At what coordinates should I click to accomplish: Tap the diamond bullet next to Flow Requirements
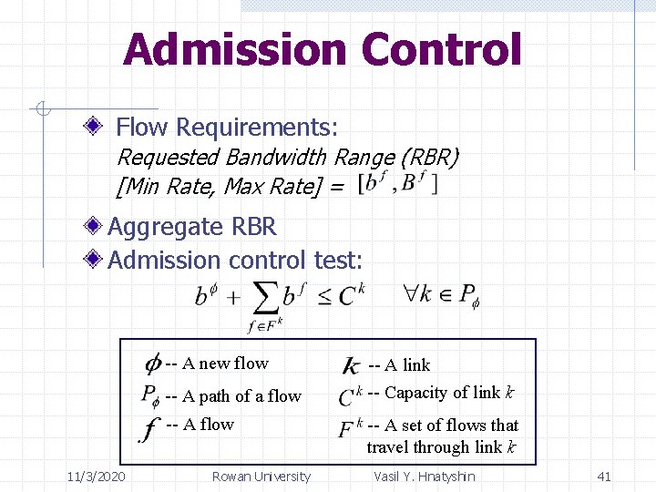pyautogui.click(x=99, y=128)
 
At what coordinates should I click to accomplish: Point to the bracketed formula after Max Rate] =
pyautogui.click(x=398, y=184)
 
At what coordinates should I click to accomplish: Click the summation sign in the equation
pyautogui.click(x=264, y=297)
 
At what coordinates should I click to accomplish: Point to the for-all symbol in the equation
pyautogui.click(x=411, y=294)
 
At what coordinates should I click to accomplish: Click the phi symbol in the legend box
pyautogui.click(x=153, y=364)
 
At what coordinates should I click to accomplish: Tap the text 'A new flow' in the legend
pyautogui.click(x=225, y=364)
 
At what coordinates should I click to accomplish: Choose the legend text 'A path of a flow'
pyautogui.click(x=241, y=395)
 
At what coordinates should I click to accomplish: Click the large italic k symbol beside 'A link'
pyautogui.click(x=351, y=366)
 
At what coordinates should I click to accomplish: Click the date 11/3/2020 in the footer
pyautogui.click(x=97, y=477)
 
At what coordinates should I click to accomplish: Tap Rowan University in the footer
pyautogui.click(x=261, y=477)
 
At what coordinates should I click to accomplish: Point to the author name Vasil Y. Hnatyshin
pyautogui.click(x=425, y=477)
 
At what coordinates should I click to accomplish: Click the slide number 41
pyautogui.click(x=603, y=477)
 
